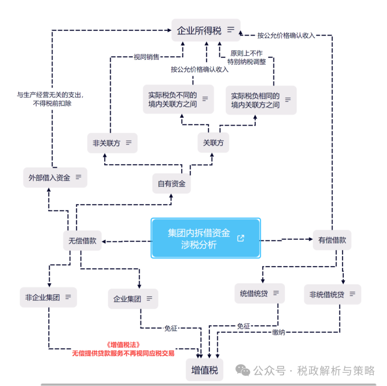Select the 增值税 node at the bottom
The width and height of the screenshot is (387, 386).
204,370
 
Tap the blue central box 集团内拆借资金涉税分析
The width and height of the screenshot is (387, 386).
205,238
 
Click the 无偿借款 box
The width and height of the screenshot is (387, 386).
82,240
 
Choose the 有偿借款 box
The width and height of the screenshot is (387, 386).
332,240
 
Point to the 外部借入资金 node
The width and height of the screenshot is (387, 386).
55,177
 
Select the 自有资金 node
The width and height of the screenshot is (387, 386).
172,184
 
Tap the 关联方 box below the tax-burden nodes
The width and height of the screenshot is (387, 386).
213,143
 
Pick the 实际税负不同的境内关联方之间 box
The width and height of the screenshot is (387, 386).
178,99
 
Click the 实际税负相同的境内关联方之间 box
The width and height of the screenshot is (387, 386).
261,100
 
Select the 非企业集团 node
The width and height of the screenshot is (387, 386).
48,297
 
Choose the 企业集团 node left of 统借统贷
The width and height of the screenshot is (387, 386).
133,299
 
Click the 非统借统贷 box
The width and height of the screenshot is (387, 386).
332,295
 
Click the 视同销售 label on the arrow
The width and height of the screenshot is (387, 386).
146,57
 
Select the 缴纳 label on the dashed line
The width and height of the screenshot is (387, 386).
278,333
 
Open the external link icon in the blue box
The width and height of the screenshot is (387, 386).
241,238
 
